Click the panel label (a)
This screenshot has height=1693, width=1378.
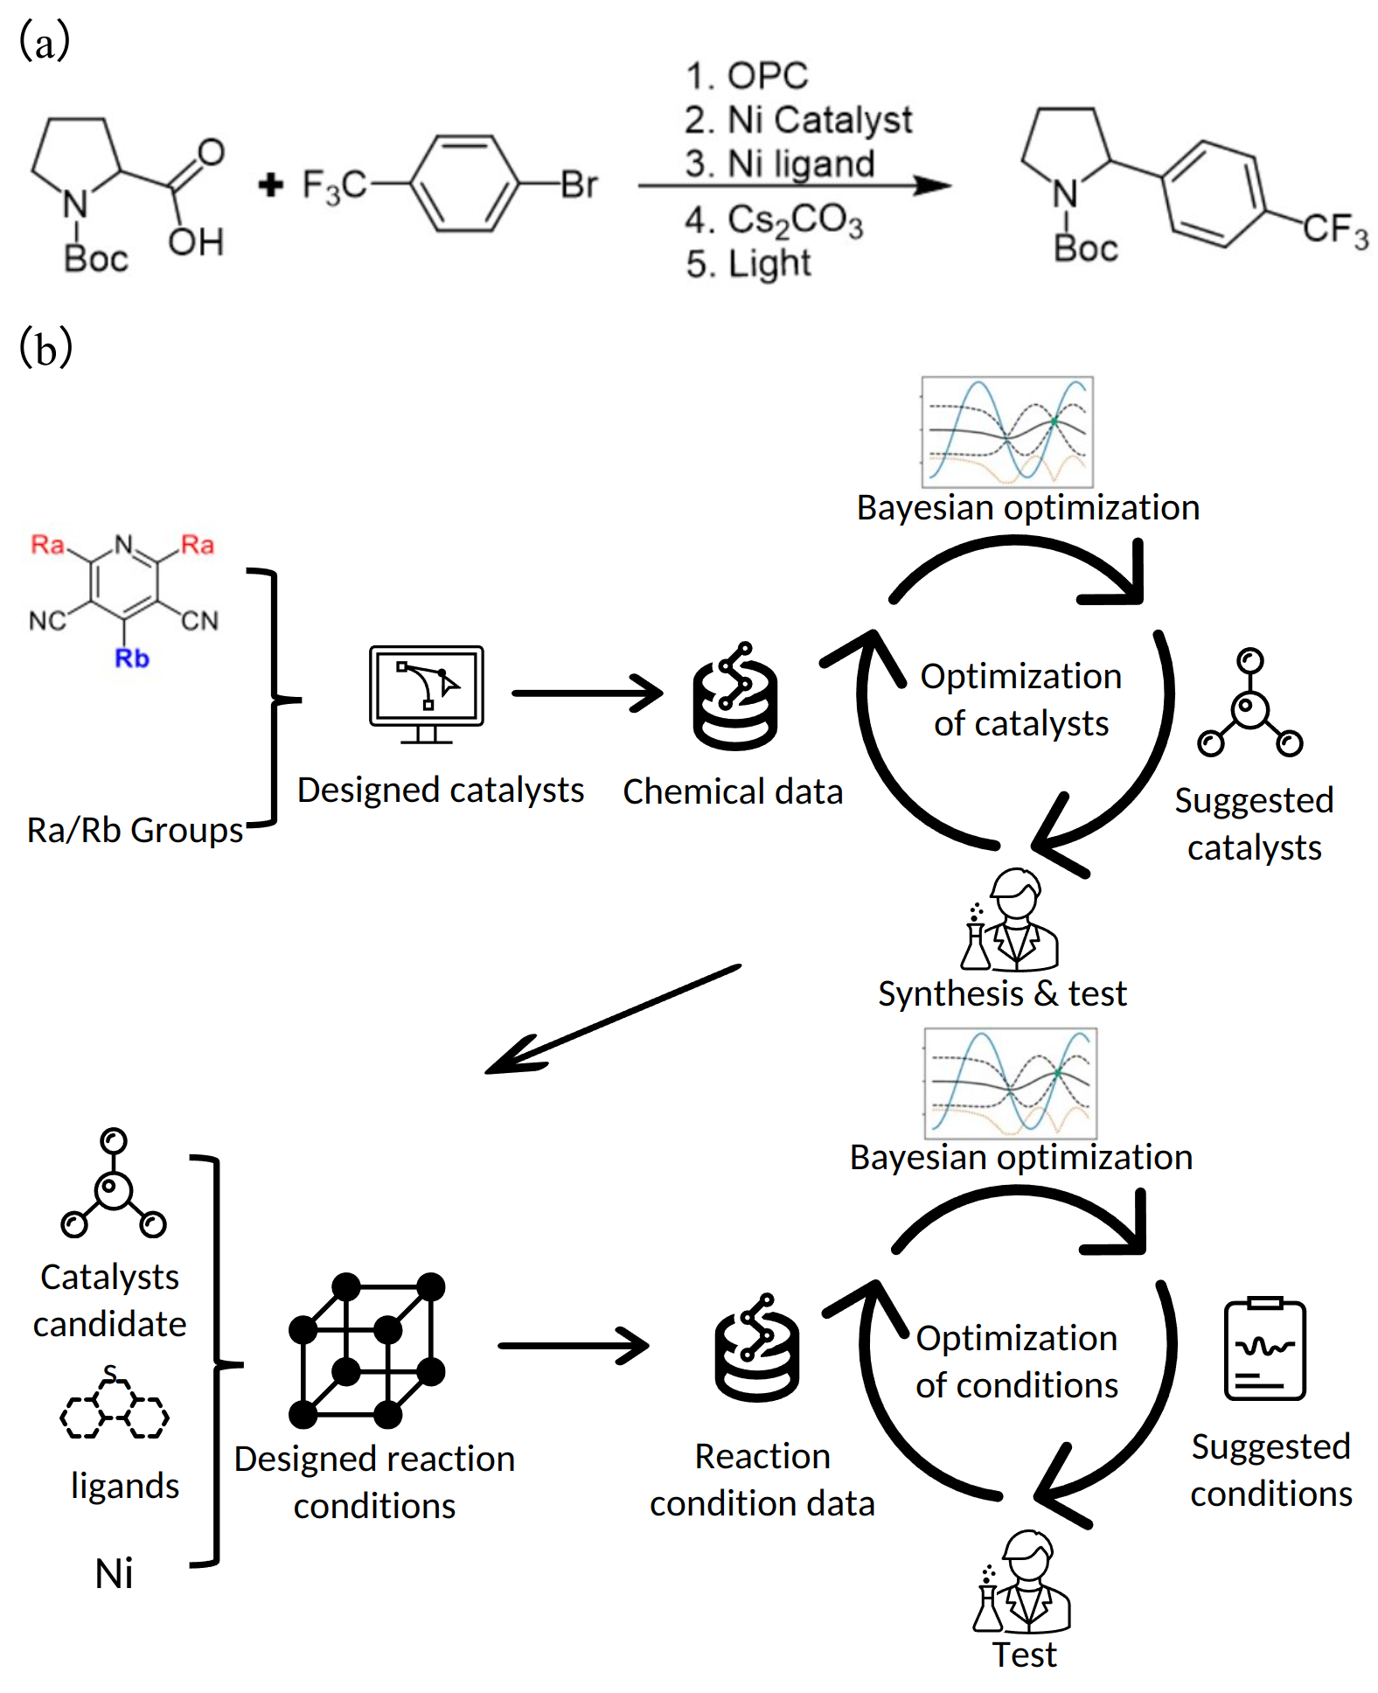(44, 42)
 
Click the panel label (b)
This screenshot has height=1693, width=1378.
(45, 347)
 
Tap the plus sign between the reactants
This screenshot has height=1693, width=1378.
(271, 185)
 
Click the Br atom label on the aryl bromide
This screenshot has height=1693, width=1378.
(579, 185)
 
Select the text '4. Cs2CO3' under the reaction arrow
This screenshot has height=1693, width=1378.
(774, 220)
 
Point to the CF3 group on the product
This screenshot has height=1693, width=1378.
(1334, 230)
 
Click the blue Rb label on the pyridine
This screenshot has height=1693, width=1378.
(131, 658)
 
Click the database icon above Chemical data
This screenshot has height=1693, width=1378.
(735, 697)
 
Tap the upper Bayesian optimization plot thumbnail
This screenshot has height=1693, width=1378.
(1007, 432)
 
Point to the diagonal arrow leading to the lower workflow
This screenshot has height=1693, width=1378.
(612, 1019)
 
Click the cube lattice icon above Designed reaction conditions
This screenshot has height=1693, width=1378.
(367, 1350)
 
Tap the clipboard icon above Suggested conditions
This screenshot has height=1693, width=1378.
(1264, 1348)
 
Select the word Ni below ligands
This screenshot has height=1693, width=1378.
(114, 1574)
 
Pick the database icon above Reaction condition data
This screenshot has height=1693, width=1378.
(757, 1348)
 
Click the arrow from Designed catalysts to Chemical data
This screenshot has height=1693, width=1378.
(587, 693)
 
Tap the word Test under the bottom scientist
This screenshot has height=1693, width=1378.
(1024, 1655)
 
